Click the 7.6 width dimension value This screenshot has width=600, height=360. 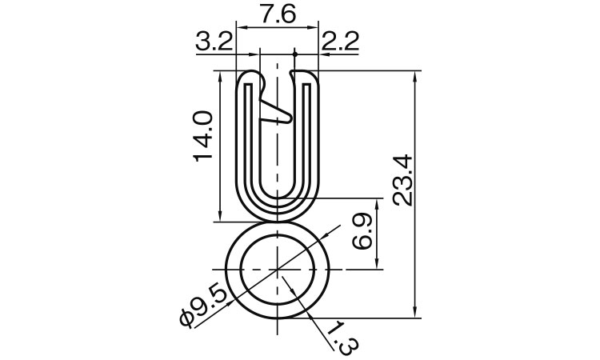(x=276, y=14)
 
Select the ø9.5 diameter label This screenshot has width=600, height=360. (x=204, y=306)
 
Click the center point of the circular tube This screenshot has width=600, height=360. (x=277, y=270)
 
